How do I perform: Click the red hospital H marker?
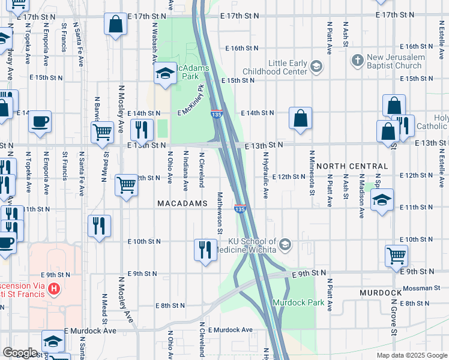click(x=55, y=290)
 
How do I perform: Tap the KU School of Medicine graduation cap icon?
click(x=285, y=244)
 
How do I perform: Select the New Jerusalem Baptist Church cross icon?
click(x=358, y=60)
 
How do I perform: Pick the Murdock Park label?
click(x=294, y=302)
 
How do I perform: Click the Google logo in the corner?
click(x=20, y=353)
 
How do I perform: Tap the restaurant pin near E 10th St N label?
click(x=205, y=249)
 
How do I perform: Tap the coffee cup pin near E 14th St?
click(x=40, y=121)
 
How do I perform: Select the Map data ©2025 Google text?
click(x=411, y=355)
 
